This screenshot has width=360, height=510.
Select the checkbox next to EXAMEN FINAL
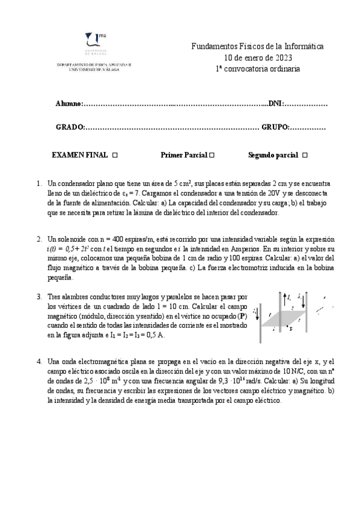click(115, 155)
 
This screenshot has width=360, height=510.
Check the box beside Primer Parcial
click(212, 155)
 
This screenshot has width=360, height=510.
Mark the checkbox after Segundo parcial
click(305, 155)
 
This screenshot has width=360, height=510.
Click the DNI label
click(274, 104)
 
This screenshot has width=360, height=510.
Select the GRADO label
click(69, 127)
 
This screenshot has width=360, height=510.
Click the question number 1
click(39, 183)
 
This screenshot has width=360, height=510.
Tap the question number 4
click(39, 361)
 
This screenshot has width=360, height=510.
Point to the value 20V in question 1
click(274, 194)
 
